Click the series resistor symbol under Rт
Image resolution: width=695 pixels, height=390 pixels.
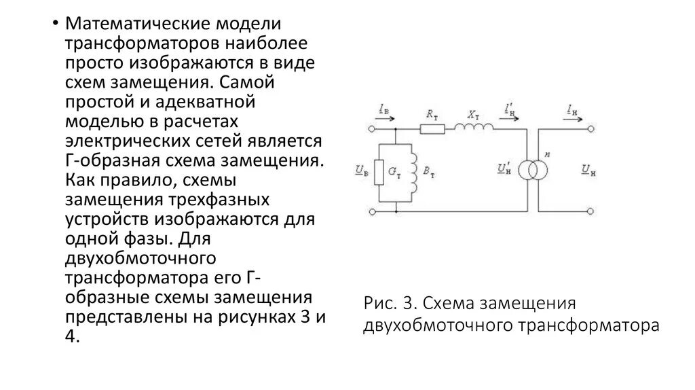432,128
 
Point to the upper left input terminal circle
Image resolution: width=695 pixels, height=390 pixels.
371,128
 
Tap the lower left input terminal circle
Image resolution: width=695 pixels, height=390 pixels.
371,212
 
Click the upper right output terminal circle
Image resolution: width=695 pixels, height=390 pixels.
591,128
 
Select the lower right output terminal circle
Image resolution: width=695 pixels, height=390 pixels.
591,212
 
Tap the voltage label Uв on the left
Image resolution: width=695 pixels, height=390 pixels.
361,170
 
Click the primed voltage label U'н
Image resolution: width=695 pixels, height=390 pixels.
504,167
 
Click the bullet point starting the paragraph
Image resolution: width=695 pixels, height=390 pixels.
55,25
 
